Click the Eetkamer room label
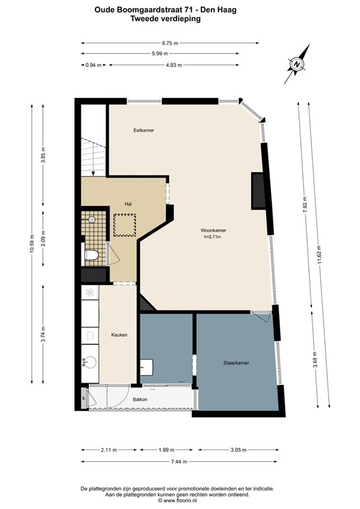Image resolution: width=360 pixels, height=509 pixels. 143,130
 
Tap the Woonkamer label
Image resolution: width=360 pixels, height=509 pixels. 213,231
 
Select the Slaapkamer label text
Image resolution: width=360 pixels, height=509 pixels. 236,363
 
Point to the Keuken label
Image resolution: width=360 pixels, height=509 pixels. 119,335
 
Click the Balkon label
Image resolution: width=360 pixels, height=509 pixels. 140,399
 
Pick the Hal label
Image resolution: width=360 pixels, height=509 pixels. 128,204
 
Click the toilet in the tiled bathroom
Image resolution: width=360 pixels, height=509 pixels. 91,254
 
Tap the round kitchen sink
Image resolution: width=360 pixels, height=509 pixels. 90,362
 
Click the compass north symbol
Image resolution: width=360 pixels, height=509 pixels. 296,64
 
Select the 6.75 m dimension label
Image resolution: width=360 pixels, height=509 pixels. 170,43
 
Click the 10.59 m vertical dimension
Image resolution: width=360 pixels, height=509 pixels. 31,243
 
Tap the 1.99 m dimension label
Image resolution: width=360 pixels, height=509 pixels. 166,450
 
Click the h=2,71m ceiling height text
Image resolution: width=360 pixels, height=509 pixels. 213,237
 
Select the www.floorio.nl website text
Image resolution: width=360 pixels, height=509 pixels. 180,501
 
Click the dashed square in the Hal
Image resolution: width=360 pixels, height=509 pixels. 125,225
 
